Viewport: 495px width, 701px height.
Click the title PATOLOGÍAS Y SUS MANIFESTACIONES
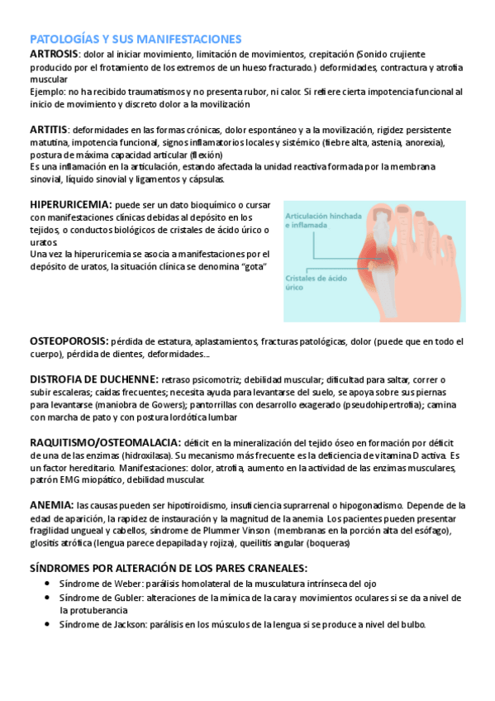point(136,39)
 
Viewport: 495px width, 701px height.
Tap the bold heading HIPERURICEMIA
point(70,204)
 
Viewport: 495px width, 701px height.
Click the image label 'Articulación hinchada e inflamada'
point(323,219)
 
